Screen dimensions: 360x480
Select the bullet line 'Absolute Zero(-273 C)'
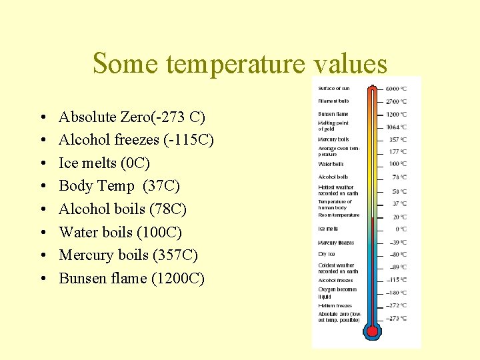[x=132, y=117]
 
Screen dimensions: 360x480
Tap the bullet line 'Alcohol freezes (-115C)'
[x=136, y=140]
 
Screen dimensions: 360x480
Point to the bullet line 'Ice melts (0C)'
[x=105, y=163]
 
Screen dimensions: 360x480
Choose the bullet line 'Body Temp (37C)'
[x=119, y=186]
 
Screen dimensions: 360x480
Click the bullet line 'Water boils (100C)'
[x=121, y=232]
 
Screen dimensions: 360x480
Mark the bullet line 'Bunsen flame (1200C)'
[x=131, y=278]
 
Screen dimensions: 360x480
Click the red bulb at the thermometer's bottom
[x=373, y=330]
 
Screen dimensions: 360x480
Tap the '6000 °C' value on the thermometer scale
[x=396, y=89]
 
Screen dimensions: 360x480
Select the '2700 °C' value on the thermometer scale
[x=396, y=102]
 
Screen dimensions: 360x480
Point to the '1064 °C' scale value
[x=396, y=127]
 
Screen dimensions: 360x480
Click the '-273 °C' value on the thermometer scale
[x=396, y=319]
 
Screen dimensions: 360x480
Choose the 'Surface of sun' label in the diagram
[x=334, y=89]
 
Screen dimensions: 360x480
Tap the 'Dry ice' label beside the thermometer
[x=326, y=254]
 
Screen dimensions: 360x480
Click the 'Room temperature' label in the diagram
[x=339, y=215]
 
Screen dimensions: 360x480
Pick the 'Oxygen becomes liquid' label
[x=337, y=293]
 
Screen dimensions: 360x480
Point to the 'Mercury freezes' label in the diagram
[x=336, y=243]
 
